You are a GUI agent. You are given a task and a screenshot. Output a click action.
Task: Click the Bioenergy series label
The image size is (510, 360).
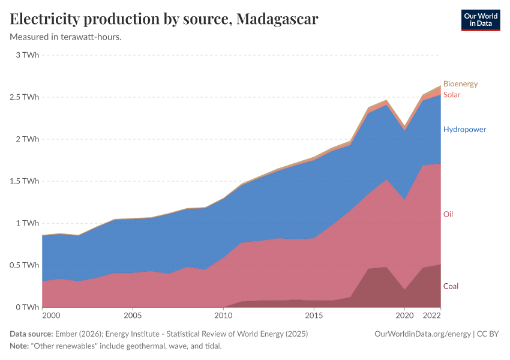click(460, 84)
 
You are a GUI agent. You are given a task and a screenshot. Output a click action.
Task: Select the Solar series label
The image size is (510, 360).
click(452, 95)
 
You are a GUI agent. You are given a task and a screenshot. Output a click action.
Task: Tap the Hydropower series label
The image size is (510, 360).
click(464, 130)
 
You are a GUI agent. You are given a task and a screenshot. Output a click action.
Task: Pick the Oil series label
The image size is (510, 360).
click(448, 214)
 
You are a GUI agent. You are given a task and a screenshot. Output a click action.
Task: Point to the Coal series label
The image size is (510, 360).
click(451, 286)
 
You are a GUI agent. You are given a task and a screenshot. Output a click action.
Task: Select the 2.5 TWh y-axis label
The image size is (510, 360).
click(25, 97)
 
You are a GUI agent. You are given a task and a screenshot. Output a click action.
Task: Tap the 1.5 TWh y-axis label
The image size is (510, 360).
click(25, 181)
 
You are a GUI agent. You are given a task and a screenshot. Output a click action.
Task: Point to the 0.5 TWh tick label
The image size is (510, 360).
click(25, 265)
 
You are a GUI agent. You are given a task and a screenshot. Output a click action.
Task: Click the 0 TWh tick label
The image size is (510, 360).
click(28, 307)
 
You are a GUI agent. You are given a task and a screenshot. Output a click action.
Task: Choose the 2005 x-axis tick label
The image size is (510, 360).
click(133, 315)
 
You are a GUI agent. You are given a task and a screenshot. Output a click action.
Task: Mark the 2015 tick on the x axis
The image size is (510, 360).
click(314, 315)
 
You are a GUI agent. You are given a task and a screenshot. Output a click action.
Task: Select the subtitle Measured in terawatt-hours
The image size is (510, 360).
click(66, 37)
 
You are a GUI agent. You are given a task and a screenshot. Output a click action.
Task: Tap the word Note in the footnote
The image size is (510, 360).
click(20, 346)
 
